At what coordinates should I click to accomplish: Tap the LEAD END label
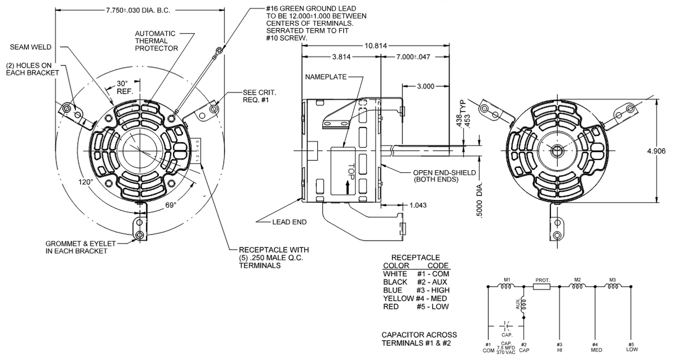click(290, 222)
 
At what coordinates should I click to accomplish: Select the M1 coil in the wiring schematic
click(507, 286)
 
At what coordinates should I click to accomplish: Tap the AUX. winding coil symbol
click(524, 304)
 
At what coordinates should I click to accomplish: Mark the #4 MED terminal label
click(594, 347)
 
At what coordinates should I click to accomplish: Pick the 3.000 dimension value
click(425, 86)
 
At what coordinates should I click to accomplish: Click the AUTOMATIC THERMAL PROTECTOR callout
click(156, 41)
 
